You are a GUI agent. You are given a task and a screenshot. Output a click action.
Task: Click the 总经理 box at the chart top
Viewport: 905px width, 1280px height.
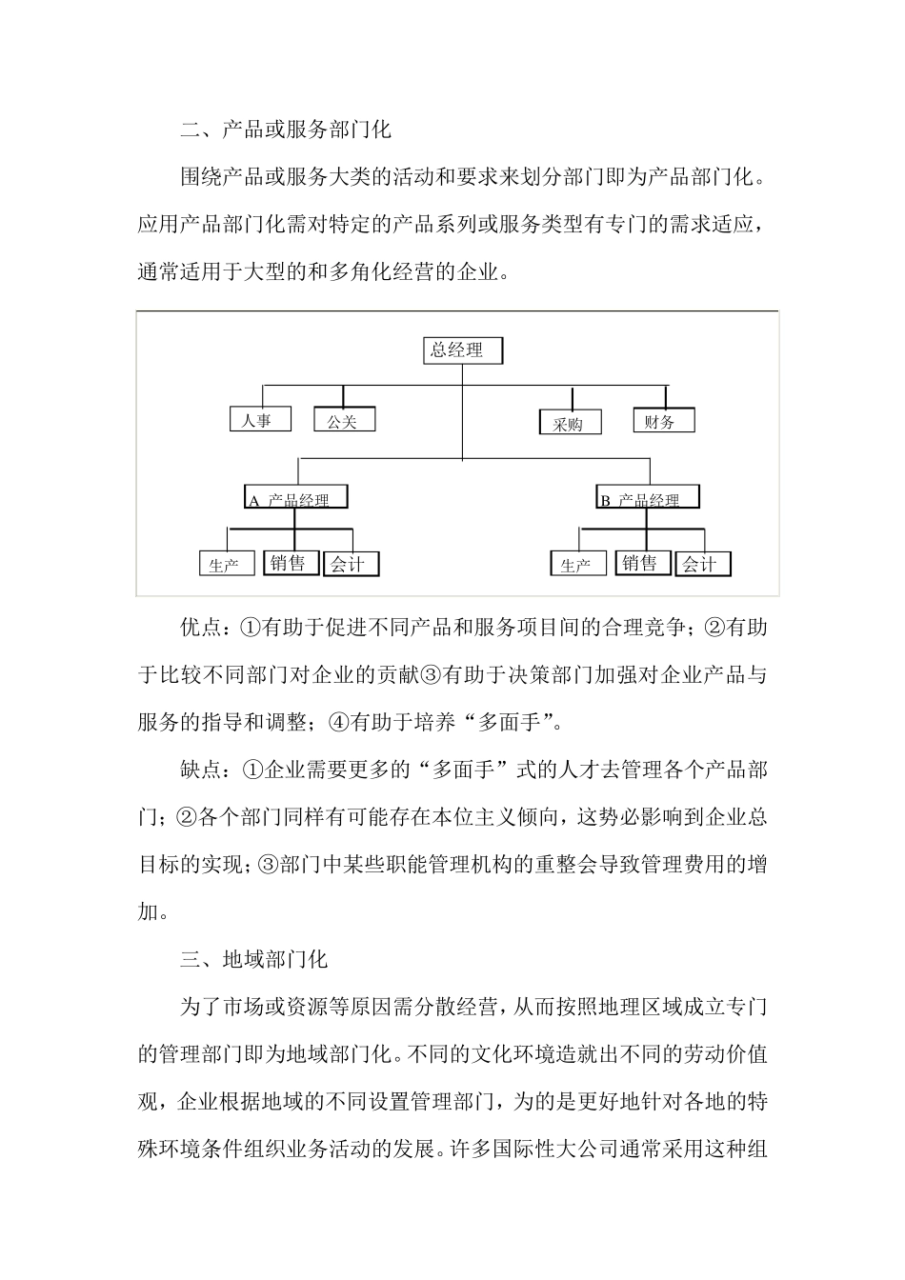[462, 350]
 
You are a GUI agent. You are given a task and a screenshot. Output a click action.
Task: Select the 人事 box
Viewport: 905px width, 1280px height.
[259, 419]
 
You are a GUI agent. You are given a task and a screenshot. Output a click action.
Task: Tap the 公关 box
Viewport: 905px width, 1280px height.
[344, 420]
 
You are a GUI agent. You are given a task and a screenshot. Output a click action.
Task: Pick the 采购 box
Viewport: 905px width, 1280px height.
[570, 423]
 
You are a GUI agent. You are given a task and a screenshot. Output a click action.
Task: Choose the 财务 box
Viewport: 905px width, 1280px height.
[663, 420]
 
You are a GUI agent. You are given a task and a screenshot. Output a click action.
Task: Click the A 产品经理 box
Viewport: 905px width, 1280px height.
[296, 497]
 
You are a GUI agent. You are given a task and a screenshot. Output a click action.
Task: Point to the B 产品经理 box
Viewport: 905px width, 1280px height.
[648, 497]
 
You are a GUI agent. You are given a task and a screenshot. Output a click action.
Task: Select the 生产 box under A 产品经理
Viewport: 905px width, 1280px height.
[227, 564]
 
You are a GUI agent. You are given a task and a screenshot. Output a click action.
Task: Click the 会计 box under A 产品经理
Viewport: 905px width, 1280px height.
[350, 564]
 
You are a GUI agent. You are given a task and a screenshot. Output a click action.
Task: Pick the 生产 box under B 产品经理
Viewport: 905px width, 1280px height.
[579, 564]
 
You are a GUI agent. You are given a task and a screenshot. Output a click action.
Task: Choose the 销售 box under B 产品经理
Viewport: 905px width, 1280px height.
[642, 563]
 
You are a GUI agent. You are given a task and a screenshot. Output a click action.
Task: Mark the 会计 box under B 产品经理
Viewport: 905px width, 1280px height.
[703, 564]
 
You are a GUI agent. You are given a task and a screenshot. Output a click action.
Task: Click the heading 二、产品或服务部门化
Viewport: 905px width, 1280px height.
[286, 130]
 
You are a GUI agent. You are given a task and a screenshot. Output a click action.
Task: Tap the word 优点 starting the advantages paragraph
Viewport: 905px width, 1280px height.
[200, 628]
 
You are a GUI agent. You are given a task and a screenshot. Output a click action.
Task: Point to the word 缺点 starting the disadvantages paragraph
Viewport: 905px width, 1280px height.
[200, 770]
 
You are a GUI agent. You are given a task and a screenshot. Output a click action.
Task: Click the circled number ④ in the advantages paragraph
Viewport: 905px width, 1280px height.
[339, 723]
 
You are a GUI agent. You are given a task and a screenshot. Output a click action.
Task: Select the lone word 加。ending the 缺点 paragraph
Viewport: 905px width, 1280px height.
[153, 911]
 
